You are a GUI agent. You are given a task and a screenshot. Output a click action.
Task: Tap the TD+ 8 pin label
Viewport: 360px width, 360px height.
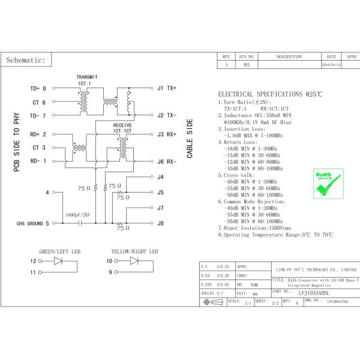(38, 89)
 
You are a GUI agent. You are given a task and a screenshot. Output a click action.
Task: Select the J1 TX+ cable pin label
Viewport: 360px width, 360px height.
(166, 89)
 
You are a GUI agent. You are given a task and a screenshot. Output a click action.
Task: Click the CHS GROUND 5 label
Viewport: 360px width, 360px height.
(29, 223)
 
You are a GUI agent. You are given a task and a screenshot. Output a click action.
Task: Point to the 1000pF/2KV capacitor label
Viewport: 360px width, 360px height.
(78, 214)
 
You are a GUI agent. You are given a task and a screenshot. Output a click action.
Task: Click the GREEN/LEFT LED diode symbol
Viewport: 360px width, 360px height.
(59, 261)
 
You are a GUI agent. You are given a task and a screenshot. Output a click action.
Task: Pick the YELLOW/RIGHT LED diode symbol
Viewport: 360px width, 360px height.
(134, 261)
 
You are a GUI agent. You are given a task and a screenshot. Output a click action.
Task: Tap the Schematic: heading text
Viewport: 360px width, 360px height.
(26, 61)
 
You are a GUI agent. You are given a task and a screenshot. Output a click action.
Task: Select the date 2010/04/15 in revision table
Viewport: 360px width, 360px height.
(331, 64)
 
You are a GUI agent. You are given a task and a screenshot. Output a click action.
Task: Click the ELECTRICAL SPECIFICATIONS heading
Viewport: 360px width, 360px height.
(270, 95)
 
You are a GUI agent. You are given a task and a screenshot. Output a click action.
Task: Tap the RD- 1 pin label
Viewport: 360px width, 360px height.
(38, 161)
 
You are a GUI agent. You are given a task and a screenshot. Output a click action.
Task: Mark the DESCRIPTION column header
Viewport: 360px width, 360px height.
(289, 56)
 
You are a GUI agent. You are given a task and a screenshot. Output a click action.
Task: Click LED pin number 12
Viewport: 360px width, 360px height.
(34, 261)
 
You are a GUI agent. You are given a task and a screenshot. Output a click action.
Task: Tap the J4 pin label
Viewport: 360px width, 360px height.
(160, 177)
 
